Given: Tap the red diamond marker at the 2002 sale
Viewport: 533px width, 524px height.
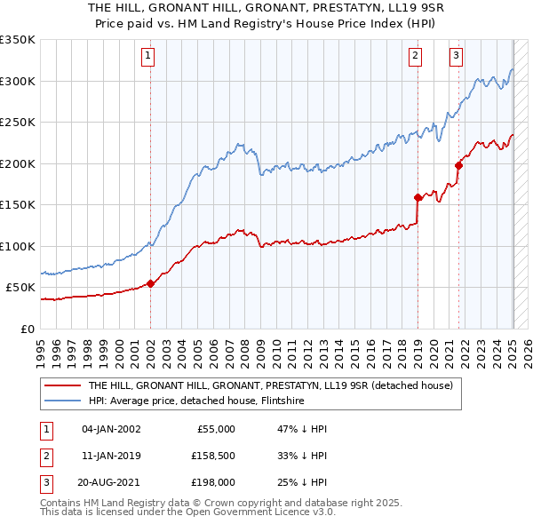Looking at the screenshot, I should pos(150,284).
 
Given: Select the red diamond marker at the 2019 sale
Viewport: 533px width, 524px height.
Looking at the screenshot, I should pos(418,198).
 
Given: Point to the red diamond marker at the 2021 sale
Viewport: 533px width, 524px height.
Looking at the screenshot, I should pos(459,165).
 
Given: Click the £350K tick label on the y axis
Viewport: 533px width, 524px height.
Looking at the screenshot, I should pos(18,40).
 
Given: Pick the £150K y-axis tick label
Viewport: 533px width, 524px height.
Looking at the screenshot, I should pos(18,205).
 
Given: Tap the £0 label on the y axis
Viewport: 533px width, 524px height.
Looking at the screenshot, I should pos(28,329).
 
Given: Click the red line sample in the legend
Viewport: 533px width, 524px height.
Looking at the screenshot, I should pos(62,385).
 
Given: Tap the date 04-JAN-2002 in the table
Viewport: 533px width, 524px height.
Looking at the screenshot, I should pos(111,429).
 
